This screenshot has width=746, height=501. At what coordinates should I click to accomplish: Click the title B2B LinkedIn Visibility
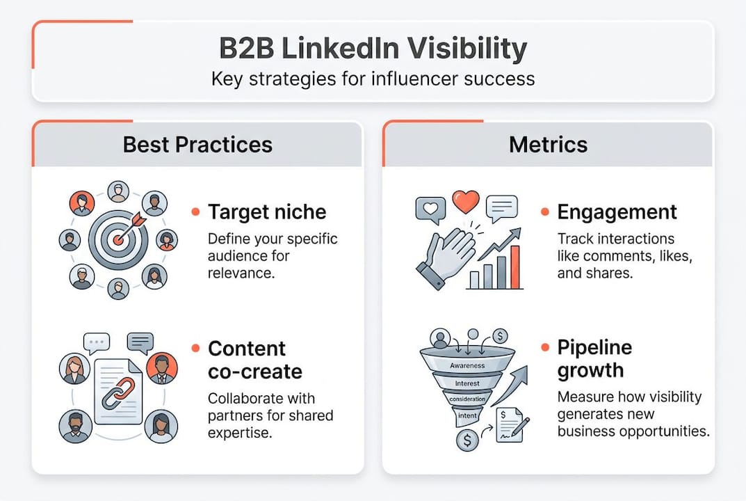[373, 49]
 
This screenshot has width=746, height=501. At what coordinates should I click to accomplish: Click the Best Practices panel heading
[197, 145]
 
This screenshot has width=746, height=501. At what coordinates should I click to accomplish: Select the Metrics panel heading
[548, 145]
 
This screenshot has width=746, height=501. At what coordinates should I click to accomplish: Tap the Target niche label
[266, 212]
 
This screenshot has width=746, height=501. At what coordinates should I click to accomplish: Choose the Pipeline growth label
[594, 358]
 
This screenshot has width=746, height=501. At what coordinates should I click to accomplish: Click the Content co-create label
[254, 359]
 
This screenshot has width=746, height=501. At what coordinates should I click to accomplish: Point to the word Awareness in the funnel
[467, 365]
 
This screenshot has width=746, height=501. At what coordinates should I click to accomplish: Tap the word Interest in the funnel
[467, 383]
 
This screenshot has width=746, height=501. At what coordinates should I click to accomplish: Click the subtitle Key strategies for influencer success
[373, 77]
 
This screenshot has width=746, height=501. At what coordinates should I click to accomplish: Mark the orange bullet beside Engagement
[546, 212]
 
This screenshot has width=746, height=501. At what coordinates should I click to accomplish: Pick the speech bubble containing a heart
[430, 209]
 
